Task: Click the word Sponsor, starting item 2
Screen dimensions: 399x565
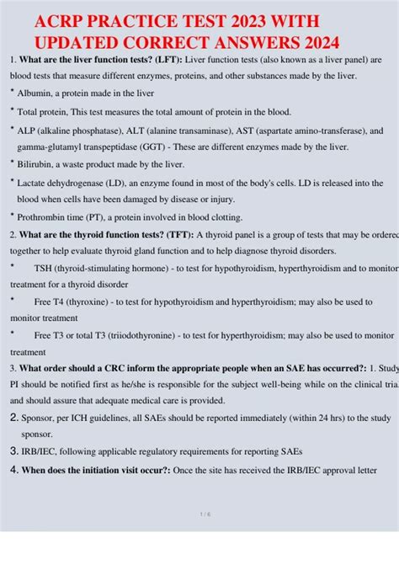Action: click(x=41, y=418)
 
